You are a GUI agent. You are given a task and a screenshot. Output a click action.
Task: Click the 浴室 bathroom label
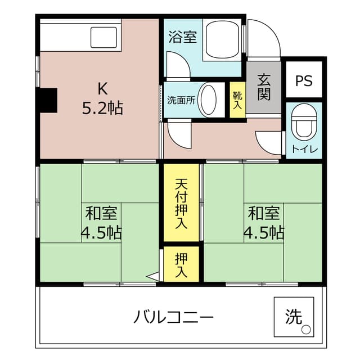coord(182,38)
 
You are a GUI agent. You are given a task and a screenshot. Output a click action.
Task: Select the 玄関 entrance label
coord(264,87)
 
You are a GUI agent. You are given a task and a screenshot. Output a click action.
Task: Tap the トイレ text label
coord(304,149)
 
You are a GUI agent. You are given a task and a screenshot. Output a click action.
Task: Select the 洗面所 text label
coord(181,101)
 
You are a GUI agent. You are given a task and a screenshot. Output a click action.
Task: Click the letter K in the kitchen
coord(102,88)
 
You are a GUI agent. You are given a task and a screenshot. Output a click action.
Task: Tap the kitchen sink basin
coord(105,38)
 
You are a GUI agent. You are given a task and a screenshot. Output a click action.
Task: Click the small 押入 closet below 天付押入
coord(181,265)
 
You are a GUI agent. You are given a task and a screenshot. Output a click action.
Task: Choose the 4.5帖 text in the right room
coord(263,232)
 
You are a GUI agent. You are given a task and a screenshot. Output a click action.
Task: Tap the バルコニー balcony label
coord(173,317)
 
